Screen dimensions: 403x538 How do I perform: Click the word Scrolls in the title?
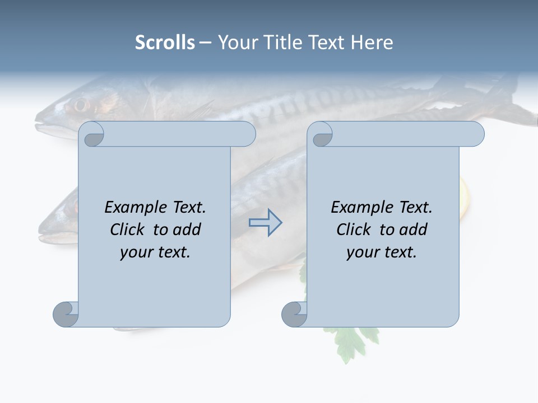coord(165,43)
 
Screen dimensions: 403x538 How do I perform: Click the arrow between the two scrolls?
coord(266,222)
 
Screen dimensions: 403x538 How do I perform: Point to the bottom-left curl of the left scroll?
coord(66,314)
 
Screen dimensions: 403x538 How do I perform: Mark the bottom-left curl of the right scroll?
coord(294,314)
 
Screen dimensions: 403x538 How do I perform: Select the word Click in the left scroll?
coord(128,229)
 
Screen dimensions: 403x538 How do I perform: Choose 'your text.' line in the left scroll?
coord(155,252)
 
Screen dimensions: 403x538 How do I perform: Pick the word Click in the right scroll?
coord(354,229)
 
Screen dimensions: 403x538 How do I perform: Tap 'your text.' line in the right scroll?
coord(382,252)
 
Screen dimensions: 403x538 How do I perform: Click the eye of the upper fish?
coord(81,105)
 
